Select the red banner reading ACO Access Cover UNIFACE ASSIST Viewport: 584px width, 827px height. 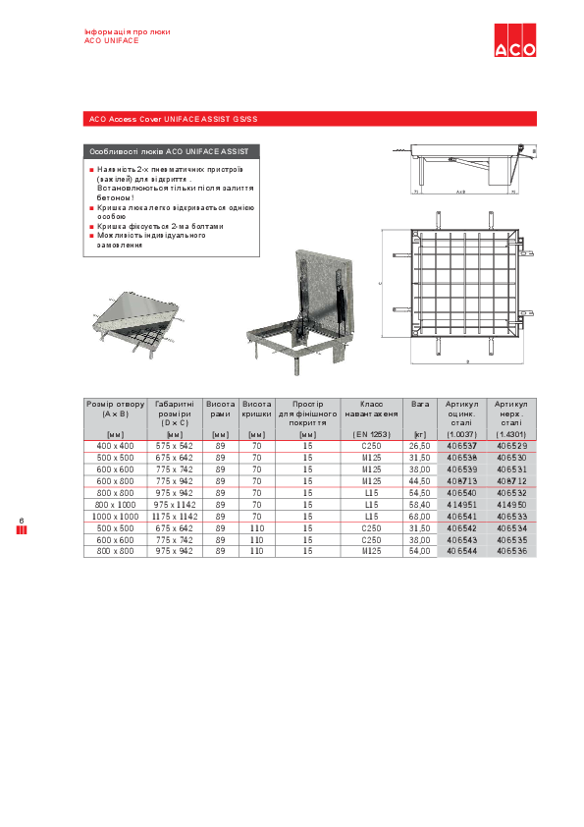pyautogui.click(x=173, y=120)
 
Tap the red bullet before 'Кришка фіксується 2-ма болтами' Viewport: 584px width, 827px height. pyautogui.click(x=91, y=226)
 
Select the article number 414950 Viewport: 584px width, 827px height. pyautogui.click(x=511, y=504)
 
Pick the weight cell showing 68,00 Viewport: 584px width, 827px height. pyautogui.click(x=420, y=516)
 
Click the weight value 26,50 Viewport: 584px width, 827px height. pyautogui.click(x=420, y=446)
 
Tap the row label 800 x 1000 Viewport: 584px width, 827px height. pyautogui.click(x=115, y=504)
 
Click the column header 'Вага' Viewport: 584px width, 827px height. pyautogui.click(x=420, y=404)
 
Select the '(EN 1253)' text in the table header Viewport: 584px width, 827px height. pyautogui.click(x=372, y=433)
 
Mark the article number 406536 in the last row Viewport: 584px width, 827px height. pyautogui.click(x=511, y=551)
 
